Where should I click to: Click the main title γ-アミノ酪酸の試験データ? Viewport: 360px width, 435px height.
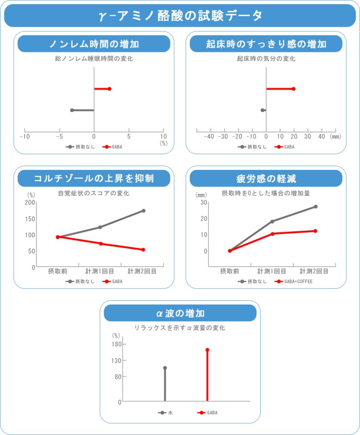click(x=180, y=16)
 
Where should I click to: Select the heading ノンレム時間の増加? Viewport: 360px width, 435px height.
click(x=94, y=44)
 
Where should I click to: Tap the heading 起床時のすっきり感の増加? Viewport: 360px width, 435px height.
click(x=266, y=44)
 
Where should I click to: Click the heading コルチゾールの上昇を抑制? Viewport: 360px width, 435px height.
click(x=94, y=178)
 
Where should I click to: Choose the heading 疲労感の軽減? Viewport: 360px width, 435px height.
click(x=266, y=178)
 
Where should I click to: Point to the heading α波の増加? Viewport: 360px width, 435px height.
click(x=180, y=313)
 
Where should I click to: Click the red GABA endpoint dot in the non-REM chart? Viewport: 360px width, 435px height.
click(x=109, y=89)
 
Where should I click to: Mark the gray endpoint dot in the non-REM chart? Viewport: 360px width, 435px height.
click(x=72, y=110)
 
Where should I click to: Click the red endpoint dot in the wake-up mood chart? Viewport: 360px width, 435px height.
click(x=294, y=89)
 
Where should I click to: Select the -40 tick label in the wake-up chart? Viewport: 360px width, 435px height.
click(x=209, y=137)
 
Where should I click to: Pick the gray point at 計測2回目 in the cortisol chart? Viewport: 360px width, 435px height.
click(x=144, y=211)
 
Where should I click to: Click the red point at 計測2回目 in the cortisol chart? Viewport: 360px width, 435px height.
click(x=143, y=250)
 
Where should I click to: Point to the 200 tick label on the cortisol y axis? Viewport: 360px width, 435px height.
click(x=30, y=202)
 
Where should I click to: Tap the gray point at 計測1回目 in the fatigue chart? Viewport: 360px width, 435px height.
click(x=272, y=221)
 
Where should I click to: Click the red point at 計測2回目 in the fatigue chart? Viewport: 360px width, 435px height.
click(x=315, y=231)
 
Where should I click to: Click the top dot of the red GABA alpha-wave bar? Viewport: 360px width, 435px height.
click(x=207, y=350)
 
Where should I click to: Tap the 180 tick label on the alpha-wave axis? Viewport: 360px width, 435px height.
click(x=116, y=344)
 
